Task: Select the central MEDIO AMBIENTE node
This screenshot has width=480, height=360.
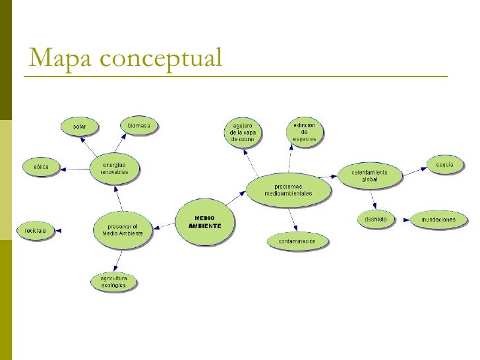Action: (204, 222)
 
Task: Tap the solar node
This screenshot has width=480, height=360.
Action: (79, 126)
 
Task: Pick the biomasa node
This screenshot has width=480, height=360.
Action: (138, 125)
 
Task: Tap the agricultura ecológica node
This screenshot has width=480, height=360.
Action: (114, 282)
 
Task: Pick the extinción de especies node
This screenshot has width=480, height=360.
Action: (305, 131)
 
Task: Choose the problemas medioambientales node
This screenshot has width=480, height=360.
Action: (288, 190)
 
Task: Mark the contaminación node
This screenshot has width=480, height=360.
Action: (297, 241)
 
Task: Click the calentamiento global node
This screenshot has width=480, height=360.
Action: (369, 176)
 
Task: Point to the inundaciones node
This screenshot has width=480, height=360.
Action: (439, 219)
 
